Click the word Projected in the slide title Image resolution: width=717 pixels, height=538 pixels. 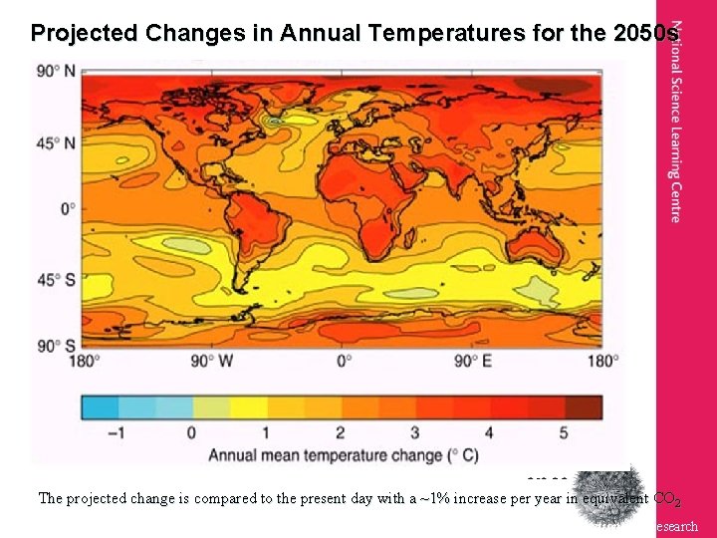click(85, 33)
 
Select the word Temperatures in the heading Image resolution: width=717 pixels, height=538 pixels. click(419, 33)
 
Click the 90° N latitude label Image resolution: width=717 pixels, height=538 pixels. click(56, 72)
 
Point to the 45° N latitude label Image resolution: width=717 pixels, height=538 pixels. click(56, 143)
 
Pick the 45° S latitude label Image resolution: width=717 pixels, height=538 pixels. click(56, 279)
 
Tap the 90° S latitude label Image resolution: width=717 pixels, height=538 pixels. click(56, 346)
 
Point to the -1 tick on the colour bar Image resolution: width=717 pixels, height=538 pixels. click(116, 432)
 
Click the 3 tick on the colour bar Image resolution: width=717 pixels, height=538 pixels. click(414, 432)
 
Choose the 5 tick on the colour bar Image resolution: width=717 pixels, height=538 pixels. click(564, 432)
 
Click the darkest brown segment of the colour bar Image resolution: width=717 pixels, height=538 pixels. click(584, 406)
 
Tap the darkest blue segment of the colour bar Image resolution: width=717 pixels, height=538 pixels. click(100, 406)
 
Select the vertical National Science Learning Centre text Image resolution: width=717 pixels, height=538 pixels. click(676, 134)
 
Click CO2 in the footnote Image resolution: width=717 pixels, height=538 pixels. click(665, 498)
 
